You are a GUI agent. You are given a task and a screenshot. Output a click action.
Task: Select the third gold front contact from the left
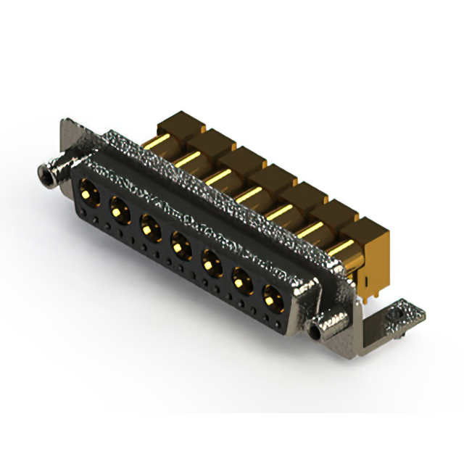tap(150, 228)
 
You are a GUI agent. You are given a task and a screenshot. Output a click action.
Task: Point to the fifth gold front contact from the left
tap(211, 262)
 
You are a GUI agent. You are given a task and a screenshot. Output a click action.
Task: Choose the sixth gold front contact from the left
tap(242, 279)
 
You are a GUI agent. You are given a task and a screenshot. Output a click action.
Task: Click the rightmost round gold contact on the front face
tap(273, 297)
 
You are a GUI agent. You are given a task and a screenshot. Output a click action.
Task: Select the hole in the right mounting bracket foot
tap(397, 316)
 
